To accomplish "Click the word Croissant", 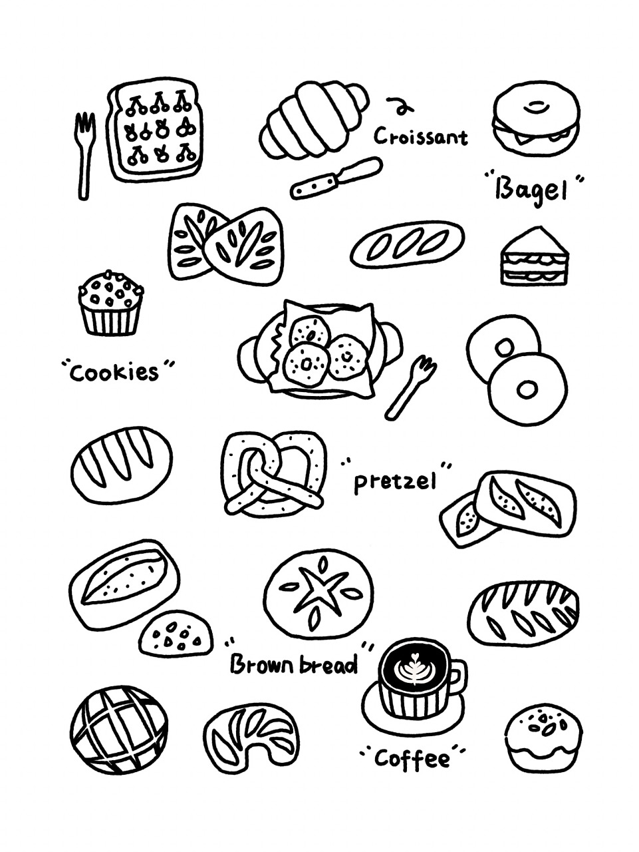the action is click(421, 136).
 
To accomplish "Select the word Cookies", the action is click(114, 373).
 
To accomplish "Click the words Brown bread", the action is click(293, 665).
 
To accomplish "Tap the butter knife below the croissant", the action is click(336, 178).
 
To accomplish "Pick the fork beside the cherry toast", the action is click(84, 155).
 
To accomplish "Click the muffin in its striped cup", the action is click(111, 303).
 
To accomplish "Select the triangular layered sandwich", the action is click(535, 256).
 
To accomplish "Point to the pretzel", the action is click(274, 475).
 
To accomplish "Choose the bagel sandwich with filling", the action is click(536, 121).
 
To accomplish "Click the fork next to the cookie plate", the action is click(410, 387).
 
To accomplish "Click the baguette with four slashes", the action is click(407, 244).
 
